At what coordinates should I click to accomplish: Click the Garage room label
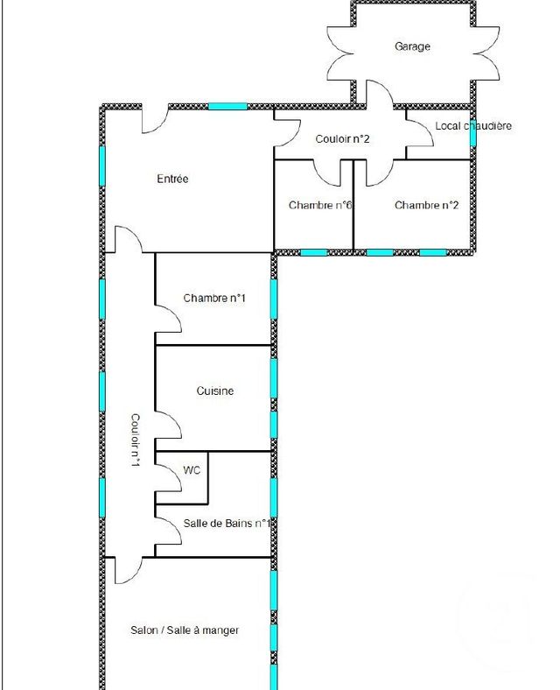point(412,46)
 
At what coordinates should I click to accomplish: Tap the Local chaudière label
point(472,126)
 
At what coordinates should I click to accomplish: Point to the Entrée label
point(172,179)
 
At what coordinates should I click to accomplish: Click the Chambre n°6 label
point(320,206)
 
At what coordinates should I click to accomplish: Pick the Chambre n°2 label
point(426,206)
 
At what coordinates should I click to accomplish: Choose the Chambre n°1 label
point(214,299)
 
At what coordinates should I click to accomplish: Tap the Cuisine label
point(214,391)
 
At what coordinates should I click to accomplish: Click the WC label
point(192,470)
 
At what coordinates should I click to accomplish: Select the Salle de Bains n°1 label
point(226,524)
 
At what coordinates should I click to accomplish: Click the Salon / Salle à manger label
point(185,630)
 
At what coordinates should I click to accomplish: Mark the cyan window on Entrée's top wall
point(227,106)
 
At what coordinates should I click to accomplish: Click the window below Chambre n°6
point(313,252)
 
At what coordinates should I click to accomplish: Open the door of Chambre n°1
point(168,318)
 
